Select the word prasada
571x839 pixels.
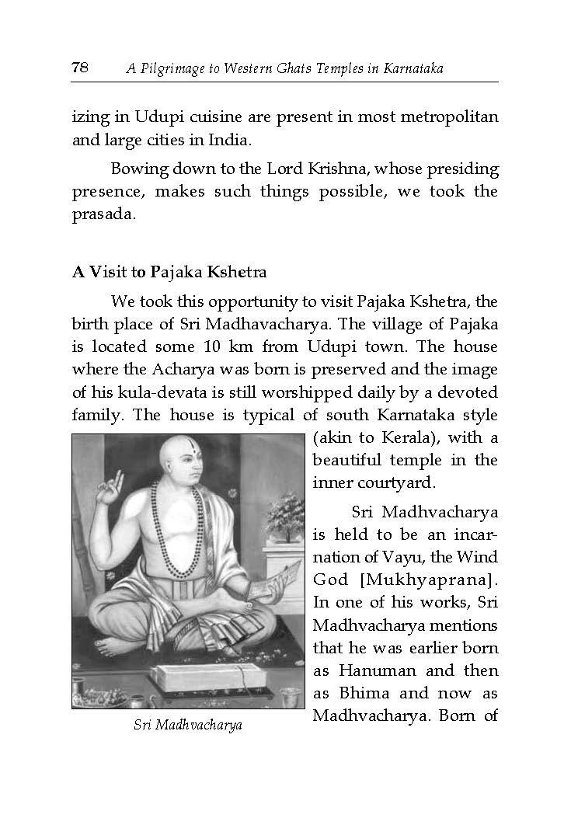(x=104, y=214)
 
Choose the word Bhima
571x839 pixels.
(x=364, y=693)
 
